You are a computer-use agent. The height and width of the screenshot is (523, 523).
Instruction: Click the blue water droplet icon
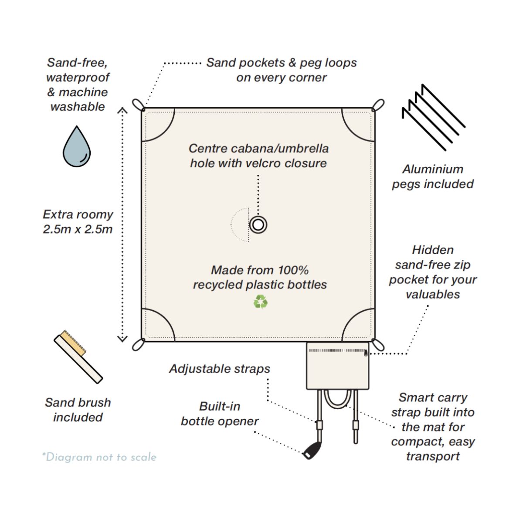(77, 147)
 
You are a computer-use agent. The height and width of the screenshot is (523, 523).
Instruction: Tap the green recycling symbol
(260, 302)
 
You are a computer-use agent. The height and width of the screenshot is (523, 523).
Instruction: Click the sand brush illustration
(78, 357)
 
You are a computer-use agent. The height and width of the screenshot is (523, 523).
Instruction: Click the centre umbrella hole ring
(258, 225)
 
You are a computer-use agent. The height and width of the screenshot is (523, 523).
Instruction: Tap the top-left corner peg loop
(138, 105)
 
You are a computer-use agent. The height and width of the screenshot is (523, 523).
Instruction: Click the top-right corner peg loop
(378, 105)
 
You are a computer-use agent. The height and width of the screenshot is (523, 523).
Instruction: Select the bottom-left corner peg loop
(138, 344)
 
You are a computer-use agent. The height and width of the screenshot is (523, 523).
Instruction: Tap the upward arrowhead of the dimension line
(122, 111)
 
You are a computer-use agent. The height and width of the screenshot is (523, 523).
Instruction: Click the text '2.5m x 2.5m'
(78, 229)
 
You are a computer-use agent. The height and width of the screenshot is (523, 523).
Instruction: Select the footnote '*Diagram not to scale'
(99, 457)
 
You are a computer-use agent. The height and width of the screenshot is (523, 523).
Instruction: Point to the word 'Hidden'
(433, 250)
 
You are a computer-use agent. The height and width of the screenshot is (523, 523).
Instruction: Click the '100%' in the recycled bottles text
(293, 270)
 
